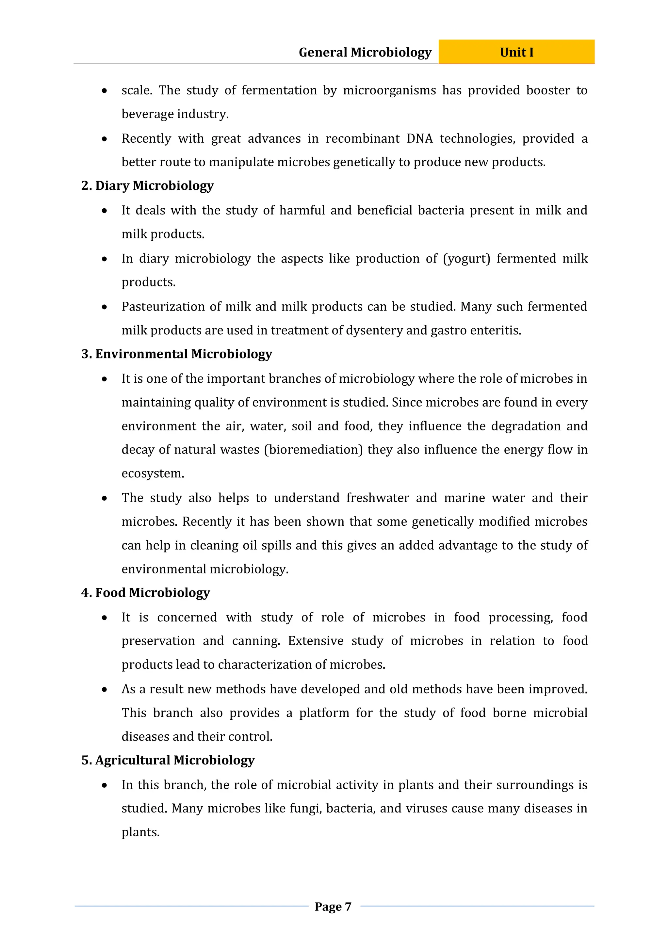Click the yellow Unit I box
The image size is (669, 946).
[516, 52]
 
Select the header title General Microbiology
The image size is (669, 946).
[365, 52]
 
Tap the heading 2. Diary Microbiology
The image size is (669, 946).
[148, 186]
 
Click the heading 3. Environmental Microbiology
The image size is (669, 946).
[177, 354]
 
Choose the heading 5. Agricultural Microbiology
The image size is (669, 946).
[168, 760]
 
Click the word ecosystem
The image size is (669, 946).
[152, 473]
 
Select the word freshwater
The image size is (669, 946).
[378, 498]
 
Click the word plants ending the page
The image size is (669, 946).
[140, 832]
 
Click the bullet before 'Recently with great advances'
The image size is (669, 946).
[105, 139]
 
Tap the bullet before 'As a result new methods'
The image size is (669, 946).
[105, 690]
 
